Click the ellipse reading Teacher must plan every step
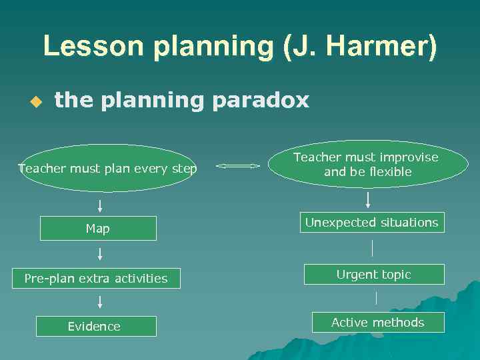[107, 169]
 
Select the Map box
[98, 229]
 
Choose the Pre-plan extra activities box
[96, 278]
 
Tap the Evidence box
[96, 326]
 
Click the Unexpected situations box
[371, 223]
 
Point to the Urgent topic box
[373, 275]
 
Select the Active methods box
[377, 323]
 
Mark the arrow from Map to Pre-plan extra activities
[99, 253]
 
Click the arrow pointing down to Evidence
[99, 302]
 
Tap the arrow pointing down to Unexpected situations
[367, 199]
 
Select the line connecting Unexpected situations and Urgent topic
[372, 248]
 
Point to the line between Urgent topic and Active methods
[376, 298]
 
